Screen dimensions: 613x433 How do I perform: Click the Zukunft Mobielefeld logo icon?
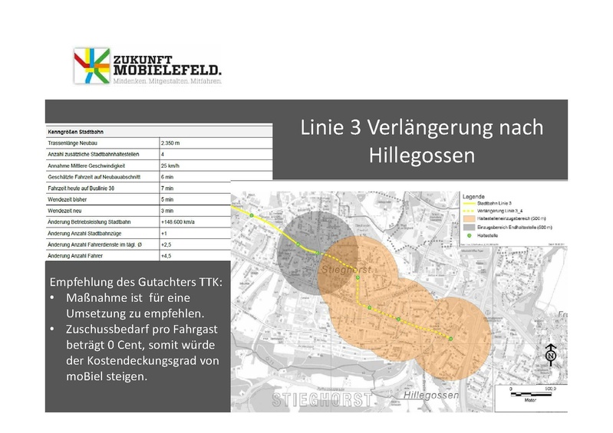pos(91,66)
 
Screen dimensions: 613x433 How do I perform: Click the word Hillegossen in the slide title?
pos(421,156)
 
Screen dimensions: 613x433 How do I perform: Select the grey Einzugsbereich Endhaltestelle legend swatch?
pos(469,228)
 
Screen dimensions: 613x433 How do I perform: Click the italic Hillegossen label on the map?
pos(430,395)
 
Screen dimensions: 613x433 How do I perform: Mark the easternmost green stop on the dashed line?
pos(451,340)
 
